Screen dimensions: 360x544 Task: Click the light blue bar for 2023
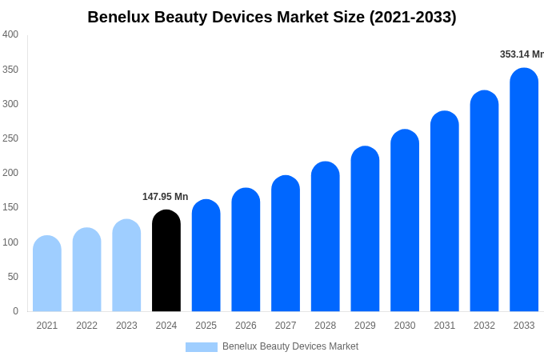pos(126,266)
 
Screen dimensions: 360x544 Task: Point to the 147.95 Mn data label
pos(165,197)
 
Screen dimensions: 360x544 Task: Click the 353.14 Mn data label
pos(522,54)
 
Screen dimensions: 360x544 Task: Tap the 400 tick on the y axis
pos(10,34)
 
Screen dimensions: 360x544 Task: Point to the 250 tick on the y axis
pos(10,138)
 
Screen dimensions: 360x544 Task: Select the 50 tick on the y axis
pos(13,277)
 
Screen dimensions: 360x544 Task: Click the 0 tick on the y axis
pos(15,311)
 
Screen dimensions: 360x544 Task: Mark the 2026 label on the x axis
pos(246,326)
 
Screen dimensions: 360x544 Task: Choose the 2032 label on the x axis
pos(484,326)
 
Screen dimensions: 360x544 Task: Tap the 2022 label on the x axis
pos(86,326)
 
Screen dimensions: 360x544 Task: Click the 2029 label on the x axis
pos(365,326)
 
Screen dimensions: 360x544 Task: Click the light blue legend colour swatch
pos(201,347)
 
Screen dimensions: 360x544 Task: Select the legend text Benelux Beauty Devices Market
pos(290,346)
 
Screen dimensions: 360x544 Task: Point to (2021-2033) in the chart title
pos(413,17)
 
